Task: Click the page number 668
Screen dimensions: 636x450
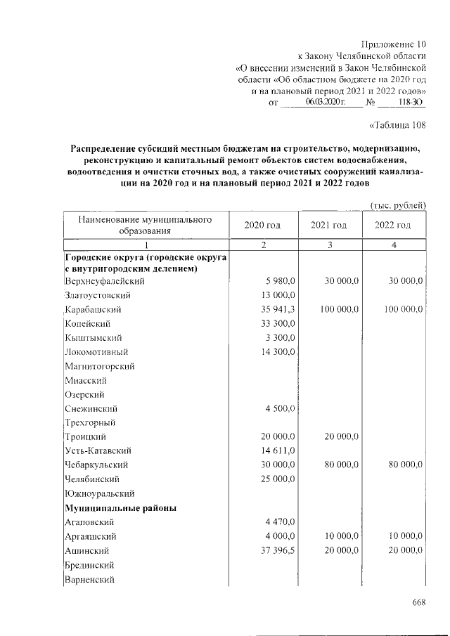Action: tap(420, 602)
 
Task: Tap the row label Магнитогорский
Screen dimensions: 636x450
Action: tap(99, 365)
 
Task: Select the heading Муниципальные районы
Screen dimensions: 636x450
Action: tap(120, 507)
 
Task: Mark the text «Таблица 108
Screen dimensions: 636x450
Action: tap(398, 126)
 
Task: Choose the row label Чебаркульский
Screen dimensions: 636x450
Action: tap(96, 465)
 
